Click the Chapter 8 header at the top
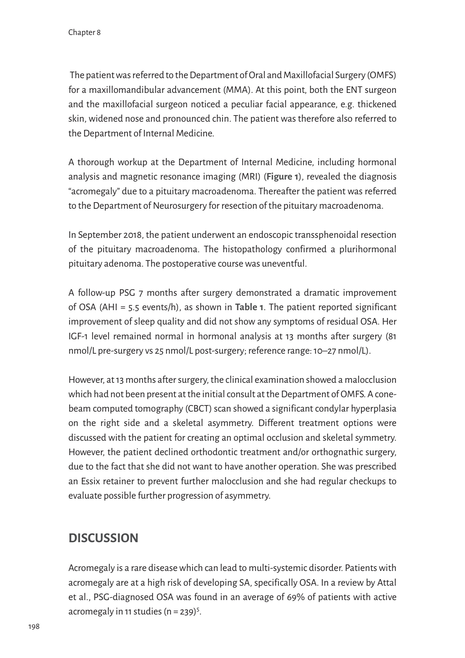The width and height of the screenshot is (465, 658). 84,33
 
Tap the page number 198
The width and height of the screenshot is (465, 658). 34,626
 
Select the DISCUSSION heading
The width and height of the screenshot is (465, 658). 103,538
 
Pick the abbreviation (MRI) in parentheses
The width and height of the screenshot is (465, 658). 250,177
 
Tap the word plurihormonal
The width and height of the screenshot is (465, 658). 367,249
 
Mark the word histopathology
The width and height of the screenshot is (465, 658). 252,249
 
